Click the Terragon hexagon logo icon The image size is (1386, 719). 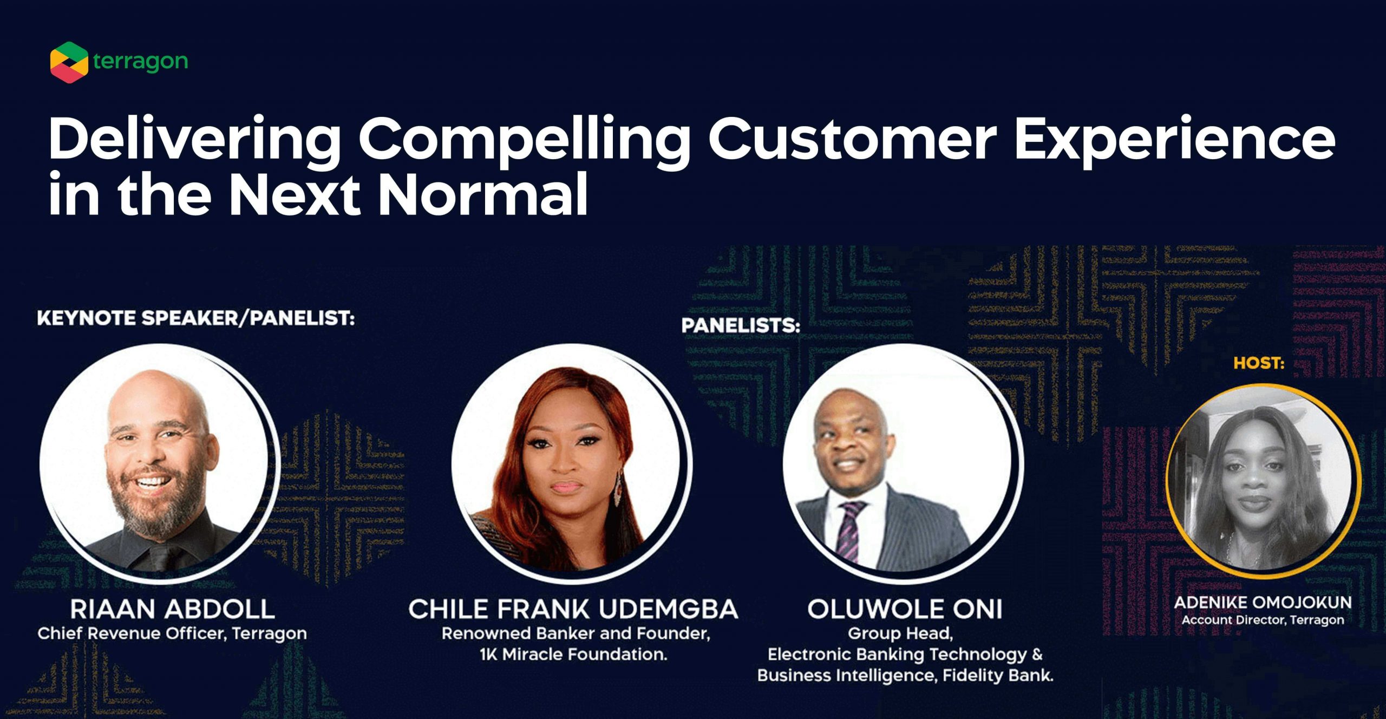coord(69,62)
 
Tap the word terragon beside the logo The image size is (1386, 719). coord(140,62)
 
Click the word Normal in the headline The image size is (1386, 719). coord(483,193)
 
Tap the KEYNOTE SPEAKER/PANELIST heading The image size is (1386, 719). coord(196,318)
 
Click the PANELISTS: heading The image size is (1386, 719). coord(741,325)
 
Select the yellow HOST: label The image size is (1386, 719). coord(1259,363)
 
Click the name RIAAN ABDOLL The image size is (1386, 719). coord(172,609)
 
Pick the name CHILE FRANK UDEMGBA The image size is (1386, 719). coord(573,609)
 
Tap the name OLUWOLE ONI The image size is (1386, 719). coord(905,609)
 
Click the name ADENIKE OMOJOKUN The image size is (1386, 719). coord(1263,602)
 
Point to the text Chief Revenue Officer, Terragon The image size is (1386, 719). coord(172,633)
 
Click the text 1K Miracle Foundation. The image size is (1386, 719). coord(573,655)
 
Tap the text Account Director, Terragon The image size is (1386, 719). coord(1263,620)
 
